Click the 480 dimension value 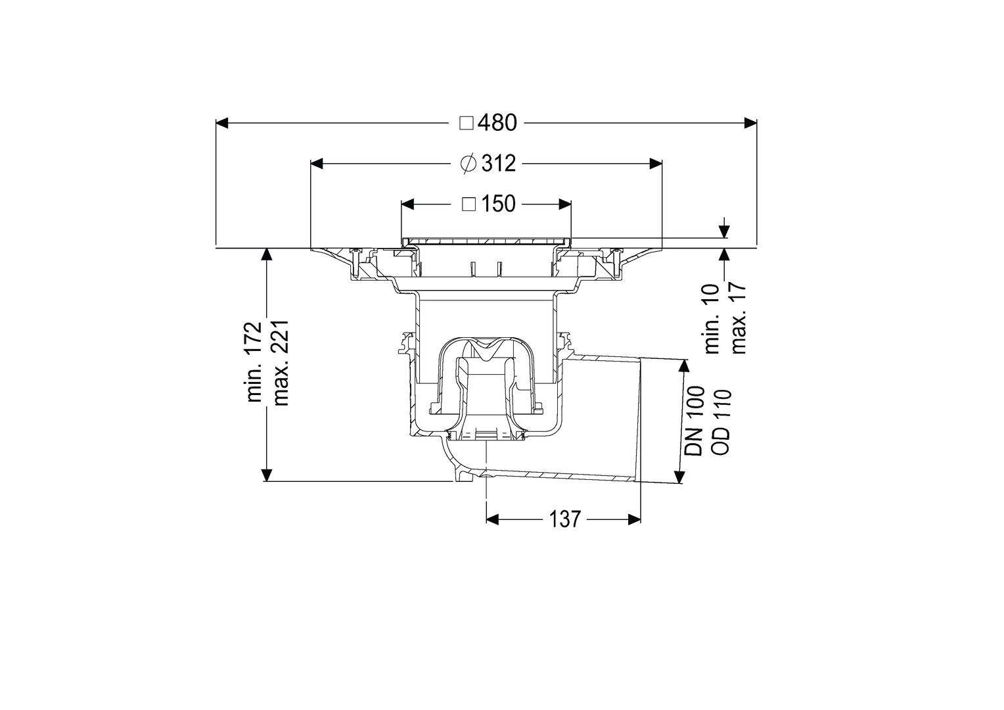tap(497, 123)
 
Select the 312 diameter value tap(499, 164)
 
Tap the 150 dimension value tap(499, 204)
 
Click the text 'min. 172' tap(255, 362)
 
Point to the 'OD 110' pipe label tap(721, 421)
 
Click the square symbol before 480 tap(467, 123)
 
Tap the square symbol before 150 tap(469, 204)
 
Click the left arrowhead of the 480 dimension tap(222, 123)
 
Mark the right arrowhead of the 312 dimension tap(656, 164)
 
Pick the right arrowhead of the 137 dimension tap(634, 519)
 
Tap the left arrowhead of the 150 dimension tap(407, 204)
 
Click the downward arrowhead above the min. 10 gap tap(723, 231)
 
